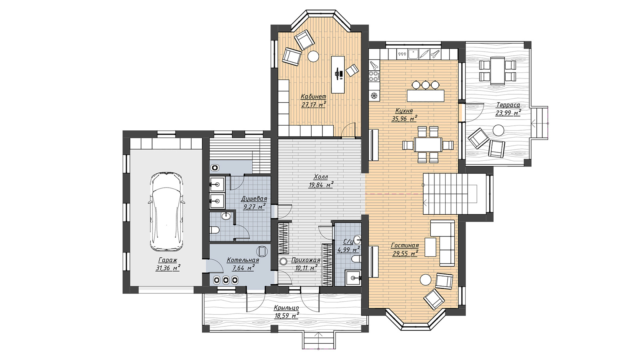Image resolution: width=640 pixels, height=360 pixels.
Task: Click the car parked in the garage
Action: tap(166, 212)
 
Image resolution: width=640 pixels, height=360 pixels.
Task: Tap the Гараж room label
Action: tap(168, 260)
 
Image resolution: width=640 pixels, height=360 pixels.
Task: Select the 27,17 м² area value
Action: tap(314, 104)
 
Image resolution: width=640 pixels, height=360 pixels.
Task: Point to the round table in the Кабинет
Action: tap(313, 56)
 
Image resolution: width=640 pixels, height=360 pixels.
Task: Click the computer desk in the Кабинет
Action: tap(338, 74)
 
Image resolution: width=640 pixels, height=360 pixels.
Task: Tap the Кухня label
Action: tap(404, 111)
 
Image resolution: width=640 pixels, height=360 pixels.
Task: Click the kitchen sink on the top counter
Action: tap(413, 54)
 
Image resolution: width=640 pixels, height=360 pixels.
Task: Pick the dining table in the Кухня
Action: tap(428, 145)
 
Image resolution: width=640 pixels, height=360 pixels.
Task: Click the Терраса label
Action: tap(508, 105)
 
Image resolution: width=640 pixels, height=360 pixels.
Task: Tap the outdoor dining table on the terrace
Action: tap(498, 70)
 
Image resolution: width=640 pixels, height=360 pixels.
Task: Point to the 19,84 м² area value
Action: tap(321, 185)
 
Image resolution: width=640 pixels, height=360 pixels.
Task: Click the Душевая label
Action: tap(254, 198)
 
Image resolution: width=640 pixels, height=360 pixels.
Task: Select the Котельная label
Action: tap(243, 260)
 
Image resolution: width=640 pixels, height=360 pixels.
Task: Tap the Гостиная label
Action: tap(405, 246)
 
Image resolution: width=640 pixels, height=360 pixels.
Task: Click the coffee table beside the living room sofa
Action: tap(430, 247)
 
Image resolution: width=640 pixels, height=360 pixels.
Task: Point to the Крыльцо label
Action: tap(286, 308)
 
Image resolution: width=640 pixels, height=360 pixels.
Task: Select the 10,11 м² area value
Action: tap(305, 268)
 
